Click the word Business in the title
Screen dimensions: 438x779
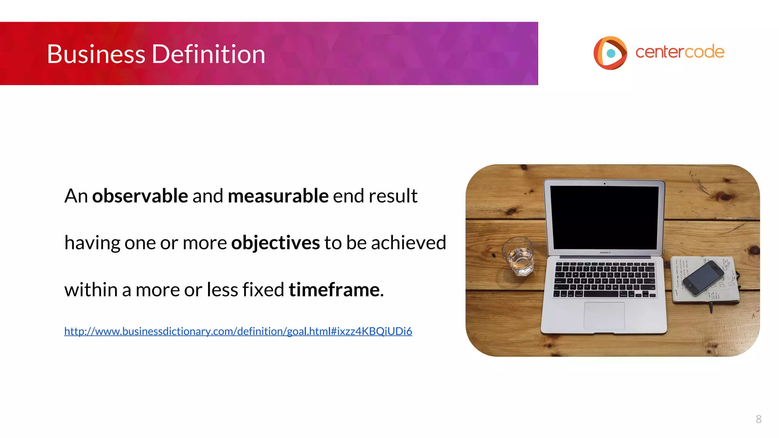coord(96,54)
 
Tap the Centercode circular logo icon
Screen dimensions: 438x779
coord(610,53)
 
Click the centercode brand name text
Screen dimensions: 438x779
coord(680,52)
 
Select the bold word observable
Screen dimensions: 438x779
coord(140,196)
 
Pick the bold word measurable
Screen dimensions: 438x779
coord(278,196)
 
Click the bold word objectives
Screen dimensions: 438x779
coord(275,243)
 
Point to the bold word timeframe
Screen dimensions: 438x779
coord(334,290)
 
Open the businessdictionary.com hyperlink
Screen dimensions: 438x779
coord(238,331)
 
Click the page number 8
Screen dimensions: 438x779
coord(758,419)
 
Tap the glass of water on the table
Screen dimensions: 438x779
coord(518,255)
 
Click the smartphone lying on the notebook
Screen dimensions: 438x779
coord(703,278)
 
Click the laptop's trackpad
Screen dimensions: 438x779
coord(604,316)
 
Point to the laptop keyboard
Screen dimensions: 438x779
coord(605,279)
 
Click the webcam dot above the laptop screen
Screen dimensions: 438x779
coord(604,184)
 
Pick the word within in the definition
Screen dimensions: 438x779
coord(91,290)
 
